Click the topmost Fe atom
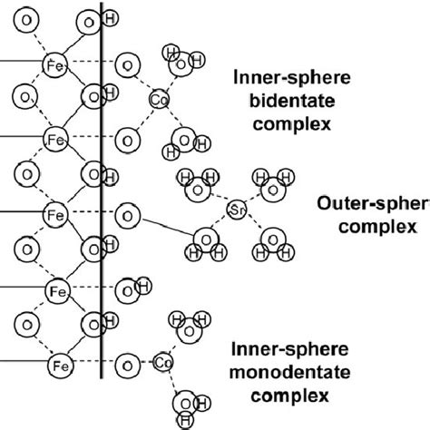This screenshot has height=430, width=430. pyautogui.click(x=55, y=63)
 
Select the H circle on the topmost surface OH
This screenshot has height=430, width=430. pyautogui.click(x=110, y=19)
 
